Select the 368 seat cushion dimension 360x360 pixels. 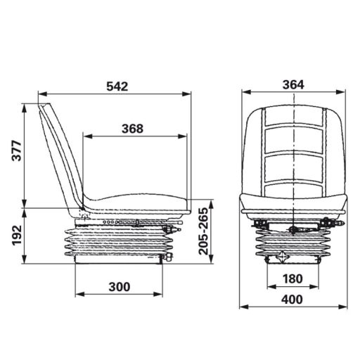point(131,128)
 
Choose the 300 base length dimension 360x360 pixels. point(120,286)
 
